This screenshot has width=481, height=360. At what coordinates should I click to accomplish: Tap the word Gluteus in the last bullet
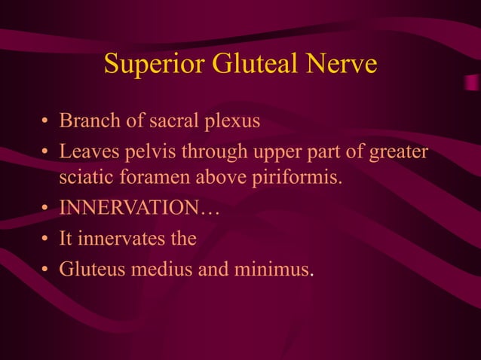pos(92,268)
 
